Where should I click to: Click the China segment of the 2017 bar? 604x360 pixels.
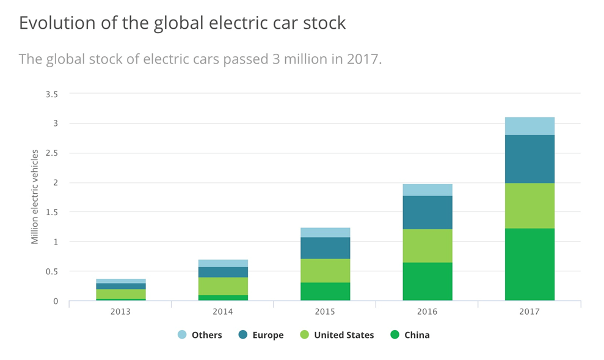529,264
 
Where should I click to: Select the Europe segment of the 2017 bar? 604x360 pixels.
529,159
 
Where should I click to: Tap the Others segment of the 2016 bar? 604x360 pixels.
428,189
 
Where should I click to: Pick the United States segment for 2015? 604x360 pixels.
325,270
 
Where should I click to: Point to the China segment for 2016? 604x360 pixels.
428,281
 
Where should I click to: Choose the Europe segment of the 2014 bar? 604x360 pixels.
223,272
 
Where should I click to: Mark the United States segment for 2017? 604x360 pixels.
529,205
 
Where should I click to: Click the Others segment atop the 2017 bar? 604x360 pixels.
529,126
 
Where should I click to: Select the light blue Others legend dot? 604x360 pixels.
182,334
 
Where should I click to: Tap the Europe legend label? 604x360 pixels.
267,335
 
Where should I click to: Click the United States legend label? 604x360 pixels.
344,335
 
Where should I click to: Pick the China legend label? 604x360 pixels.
417,335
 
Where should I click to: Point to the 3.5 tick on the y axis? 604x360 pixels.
51,94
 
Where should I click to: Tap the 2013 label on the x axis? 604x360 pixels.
120,311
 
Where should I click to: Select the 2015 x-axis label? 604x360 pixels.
325,311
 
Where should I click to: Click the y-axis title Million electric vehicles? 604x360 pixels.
35,196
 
